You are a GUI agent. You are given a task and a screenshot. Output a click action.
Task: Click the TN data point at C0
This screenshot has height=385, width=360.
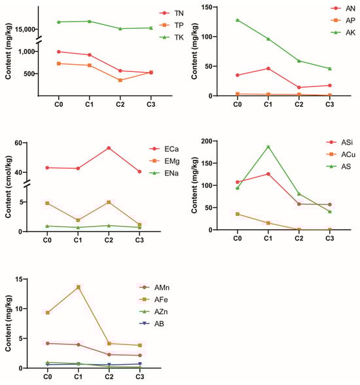click(x=59, y=51)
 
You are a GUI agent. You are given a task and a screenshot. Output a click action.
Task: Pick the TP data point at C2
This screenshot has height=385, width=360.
click(x=120, y=80)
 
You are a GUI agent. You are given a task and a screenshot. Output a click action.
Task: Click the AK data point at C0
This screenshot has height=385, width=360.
click(x=238, y=20)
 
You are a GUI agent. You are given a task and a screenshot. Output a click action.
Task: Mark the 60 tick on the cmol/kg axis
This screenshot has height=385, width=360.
click(x=29, y=143)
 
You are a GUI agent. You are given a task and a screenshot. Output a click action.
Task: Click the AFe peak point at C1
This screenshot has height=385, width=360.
click(x=78, y=287)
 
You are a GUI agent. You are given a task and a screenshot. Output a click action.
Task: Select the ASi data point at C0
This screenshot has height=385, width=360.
click(x=238, y=182)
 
